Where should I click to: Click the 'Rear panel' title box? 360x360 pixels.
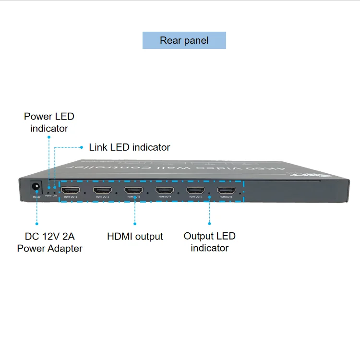click(x=184, y=40)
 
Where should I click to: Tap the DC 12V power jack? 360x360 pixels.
click(x=36, y=187)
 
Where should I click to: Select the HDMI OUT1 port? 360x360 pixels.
click(x=71, y=191)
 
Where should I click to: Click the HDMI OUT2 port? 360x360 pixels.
click(x=102, y=191)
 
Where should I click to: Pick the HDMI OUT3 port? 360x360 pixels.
click(x=133, y=191)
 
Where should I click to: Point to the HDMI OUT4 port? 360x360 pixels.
click(x=165, y=191)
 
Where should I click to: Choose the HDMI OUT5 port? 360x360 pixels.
click(x=195, y=191)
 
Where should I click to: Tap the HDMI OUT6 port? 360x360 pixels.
click(x=226, y=191)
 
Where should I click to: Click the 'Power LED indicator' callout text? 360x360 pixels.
click(x=49, y=122)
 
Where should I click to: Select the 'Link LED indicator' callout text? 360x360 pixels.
click(x=130, y=147)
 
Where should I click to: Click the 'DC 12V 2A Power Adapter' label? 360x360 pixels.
click(x=49, y=242)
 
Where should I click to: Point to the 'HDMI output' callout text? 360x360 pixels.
click(x=135, y=237)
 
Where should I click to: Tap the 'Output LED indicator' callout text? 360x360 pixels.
click(x=210, y=242)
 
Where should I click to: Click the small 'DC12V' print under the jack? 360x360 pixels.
click(x=36, y=196)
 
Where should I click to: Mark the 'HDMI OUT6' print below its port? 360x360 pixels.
click(x=226, y=197)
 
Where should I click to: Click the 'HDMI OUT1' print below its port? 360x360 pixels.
click(x=71, y=197)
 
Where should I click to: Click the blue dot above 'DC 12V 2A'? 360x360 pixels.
click(x=36, y=223)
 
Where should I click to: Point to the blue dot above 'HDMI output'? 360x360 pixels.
click(x=135, y=223)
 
